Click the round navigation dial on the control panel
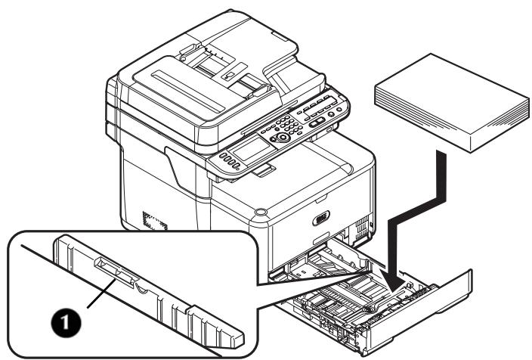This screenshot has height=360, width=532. [x=283, y=138]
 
